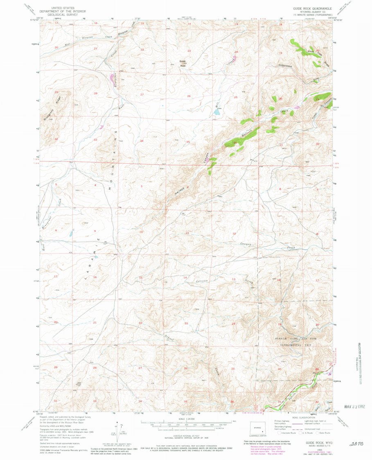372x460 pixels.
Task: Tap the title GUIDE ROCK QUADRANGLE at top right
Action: (x=312, y=8)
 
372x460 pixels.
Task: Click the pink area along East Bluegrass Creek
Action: (x=112, y=78)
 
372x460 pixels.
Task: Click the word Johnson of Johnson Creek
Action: (x=202, y=281)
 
